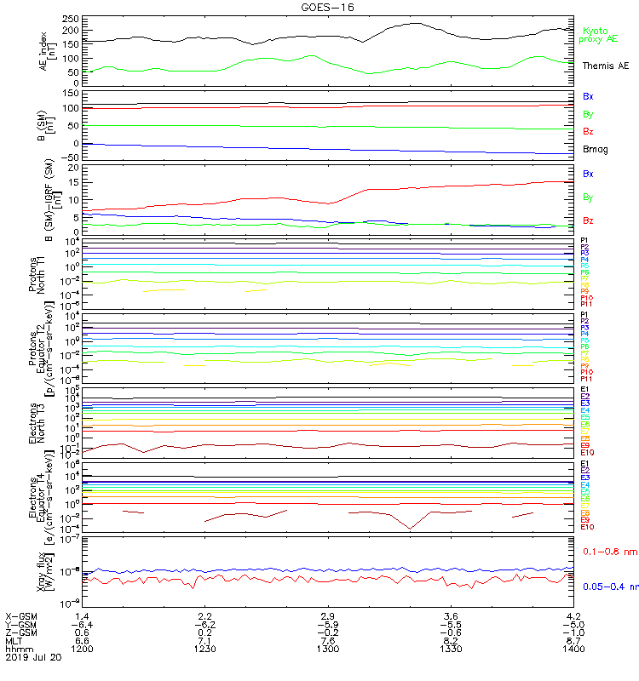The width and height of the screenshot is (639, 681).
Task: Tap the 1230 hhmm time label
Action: pos(204,649)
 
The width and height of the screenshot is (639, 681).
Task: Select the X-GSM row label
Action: pos(20,615)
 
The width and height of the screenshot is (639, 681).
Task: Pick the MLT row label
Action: pos(14,640)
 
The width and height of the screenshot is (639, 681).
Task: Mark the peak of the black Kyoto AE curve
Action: pos(415,23)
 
